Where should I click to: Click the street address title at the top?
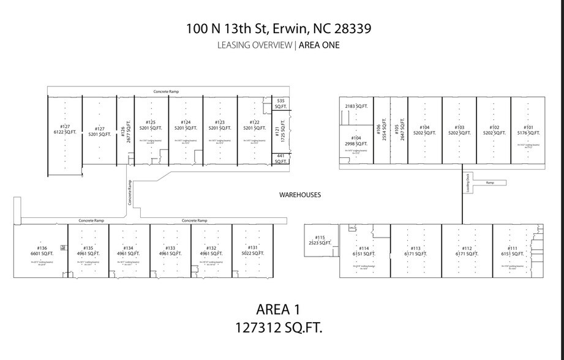[279, 28]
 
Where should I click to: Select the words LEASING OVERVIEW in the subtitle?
[255, 45]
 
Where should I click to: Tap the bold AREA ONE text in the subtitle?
[319, 45]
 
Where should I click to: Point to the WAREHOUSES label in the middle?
[300, 195]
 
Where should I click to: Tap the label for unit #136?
[42, 250]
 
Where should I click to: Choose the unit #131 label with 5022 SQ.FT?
[252, 250]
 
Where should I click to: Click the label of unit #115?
[320, 240]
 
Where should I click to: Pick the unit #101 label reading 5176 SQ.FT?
[528, 130]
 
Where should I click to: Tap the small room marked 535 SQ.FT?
[281, 103]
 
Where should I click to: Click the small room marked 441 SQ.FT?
[281, 159]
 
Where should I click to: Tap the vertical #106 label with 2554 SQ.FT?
[382, 129]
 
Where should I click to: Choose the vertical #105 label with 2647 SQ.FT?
[399, 129]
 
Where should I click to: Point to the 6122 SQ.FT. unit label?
[64, 130]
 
